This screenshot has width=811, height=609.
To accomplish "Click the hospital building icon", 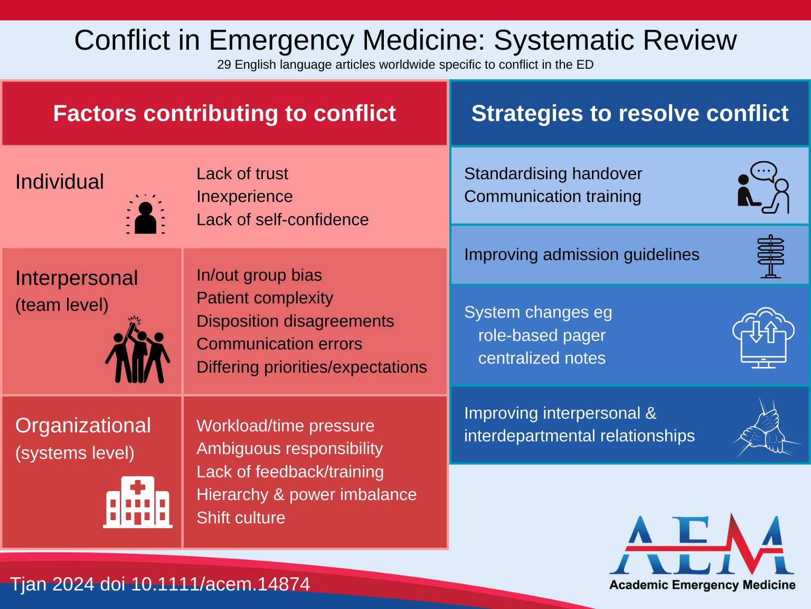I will point(138,502).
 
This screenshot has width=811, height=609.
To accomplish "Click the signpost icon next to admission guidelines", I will point(770,256).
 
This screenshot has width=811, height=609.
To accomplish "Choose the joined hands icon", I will point(767,428).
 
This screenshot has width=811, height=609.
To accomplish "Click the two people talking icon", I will point(763,188).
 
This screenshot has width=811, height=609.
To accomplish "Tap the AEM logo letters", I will point(702,546).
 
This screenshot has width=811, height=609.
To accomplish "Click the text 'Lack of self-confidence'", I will point(282,219).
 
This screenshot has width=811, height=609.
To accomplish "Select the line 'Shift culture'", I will point(241,518).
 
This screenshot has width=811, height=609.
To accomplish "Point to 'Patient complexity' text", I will point(265,298).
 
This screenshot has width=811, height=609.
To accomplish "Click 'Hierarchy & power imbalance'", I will point(306,495).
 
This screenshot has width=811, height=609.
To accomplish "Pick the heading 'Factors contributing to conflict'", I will point(224,114).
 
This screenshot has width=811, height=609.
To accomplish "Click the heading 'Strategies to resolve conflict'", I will point(629,114).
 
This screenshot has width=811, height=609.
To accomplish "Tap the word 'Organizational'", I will point(83,426).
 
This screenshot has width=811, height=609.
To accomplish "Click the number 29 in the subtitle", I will point(224,64).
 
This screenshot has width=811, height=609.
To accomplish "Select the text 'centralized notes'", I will point(542,358).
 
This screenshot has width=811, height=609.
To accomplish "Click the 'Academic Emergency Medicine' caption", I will point(702,585).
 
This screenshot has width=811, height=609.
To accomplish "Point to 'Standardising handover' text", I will point(553,173).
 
